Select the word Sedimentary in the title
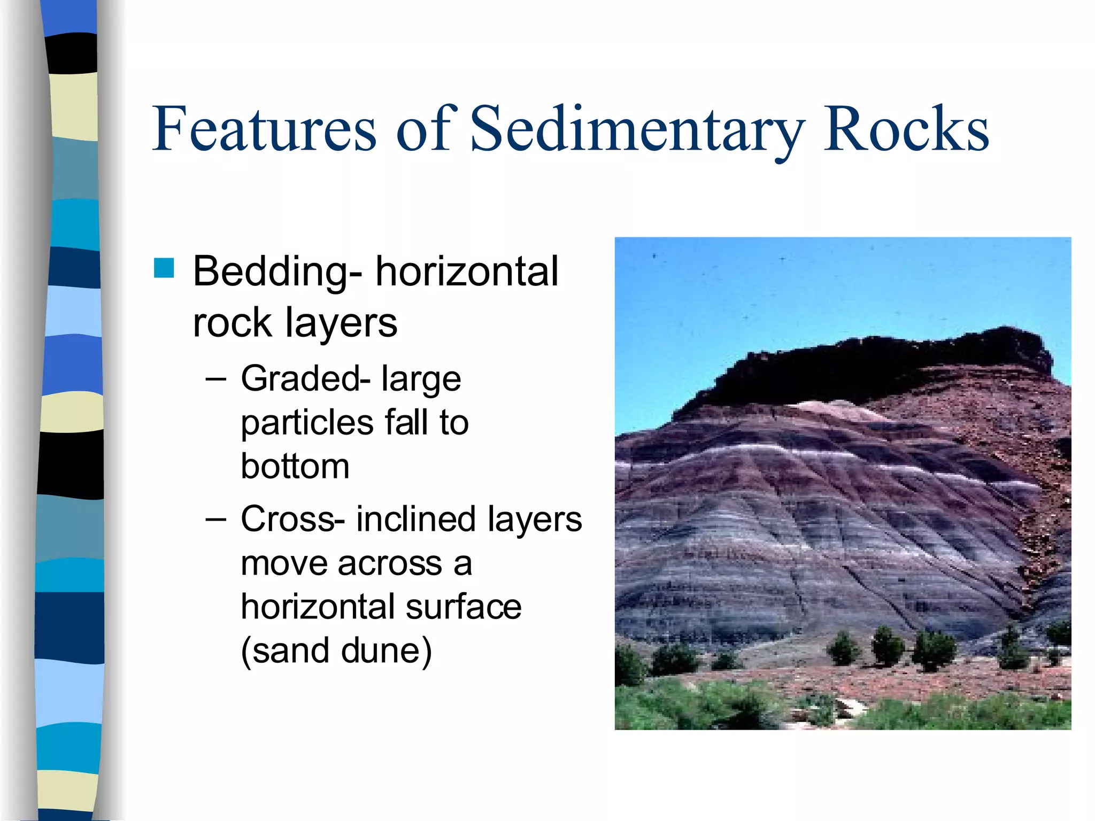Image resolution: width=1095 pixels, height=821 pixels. coord(636,129)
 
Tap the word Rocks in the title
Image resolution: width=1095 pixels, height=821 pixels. coord(906,129)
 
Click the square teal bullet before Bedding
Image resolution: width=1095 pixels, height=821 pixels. coord(164,268)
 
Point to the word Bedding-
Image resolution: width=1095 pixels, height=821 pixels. coord(277,272)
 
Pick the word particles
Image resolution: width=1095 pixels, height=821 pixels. coord(307,423)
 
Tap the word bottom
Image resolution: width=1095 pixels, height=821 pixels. coord(295,467)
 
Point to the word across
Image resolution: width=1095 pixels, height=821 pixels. coord(390,563)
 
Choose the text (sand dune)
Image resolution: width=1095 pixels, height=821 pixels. coord(336,651)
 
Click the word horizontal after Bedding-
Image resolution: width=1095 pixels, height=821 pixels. coord(466,272)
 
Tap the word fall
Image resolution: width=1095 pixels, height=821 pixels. coord(408,422)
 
